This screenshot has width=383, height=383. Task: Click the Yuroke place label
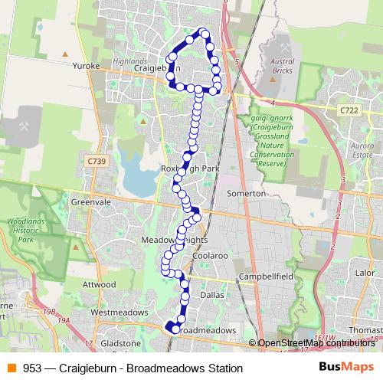[87, 67]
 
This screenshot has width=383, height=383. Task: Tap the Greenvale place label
[87, 202]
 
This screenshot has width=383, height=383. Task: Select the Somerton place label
[247, 194]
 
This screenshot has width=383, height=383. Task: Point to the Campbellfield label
[266, 275]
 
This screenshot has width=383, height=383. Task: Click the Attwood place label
[100, 284]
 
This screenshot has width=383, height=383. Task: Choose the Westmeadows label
[117, 313]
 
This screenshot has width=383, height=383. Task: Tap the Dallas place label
[211, 294]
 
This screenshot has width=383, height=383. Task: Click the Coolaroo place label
[211, 254]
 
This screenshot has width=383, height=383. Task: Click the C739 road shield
[96, 160]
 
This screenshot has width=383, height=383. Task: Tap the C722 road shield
[349, 112]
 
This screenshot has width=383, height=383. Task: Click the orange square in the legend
[11, 368]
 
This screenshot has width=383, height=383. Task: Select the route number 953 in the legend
[33, 368]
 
